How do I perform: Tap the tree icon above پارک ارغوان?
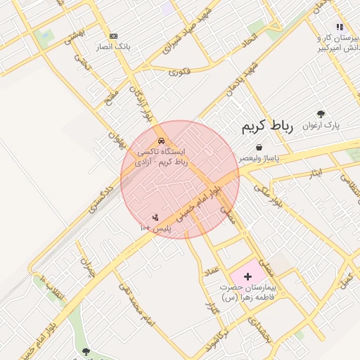[321, 114]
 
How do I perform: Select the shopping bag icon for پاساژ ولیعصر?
[259, 148]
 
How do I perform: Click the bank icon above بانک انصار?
[113, 36]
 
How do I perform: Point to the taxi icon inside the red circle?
[162, 140]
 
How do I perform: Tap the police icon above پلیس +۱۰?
[155, 216]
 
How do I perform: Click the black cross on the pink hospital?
[247, 276]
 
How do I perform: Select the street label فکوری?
[180, 71]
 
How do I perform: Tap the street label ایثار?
[314, 173]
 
